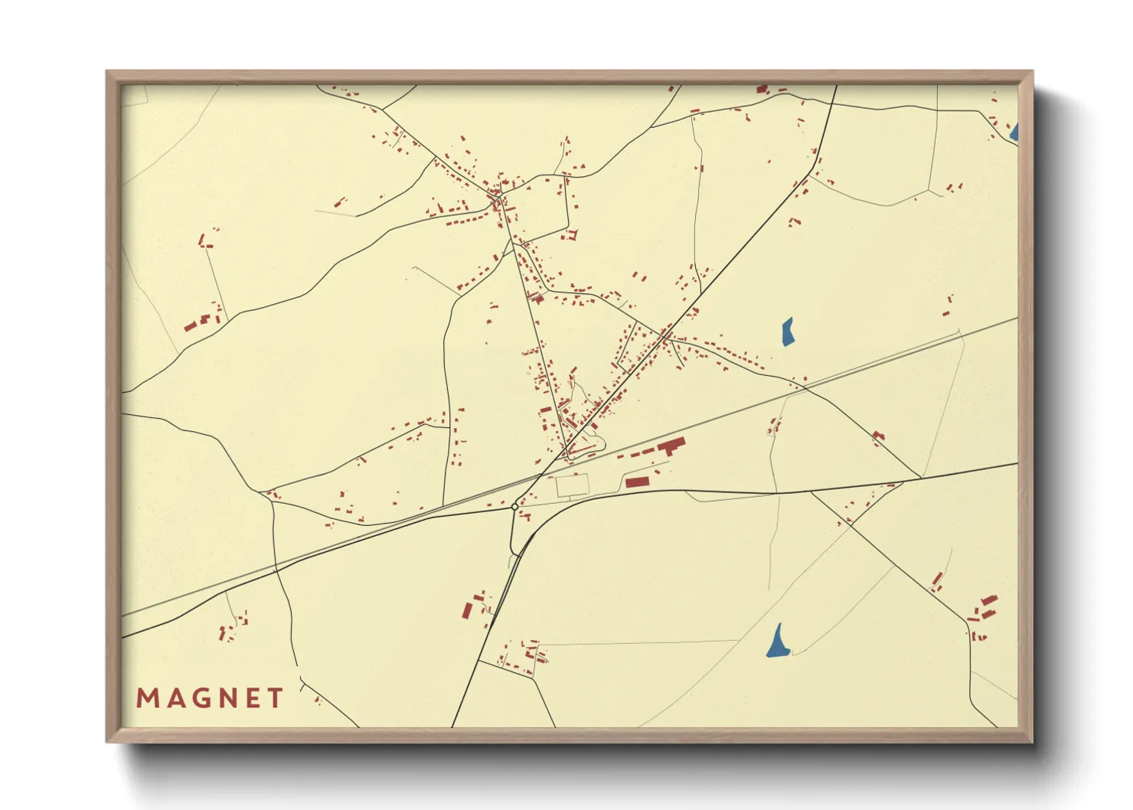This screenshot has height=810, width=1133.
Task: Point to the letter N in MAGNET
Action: [227, 698]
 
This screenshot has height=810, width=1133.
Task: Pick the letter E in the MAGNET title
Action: [252, 698]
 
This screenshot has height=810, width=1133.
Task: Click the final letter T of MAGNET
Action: [275, 698]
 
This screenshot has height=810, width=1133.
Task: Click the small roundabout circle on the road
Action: [514, 507]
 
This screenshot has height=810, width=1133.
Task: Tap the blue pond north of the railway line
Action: [787, 332]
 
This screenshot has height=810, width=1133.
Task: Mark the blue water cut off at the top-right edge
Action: [1014, 132]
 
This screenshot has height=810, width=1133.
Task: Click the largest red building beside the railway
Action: [670, 446]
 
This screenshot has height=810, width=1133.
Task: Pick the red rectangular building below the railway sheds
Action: [637, 482]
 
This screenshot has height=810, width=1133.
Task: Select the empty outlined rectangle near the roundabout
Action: [572, 485]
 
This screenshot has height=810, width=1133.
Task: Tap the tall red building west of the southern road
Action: [467, 610]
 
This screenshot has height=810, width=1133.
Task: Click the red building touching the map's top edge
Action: [762, 90]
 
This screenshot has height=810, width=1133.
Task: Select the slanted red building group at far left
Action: [191, 325]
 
